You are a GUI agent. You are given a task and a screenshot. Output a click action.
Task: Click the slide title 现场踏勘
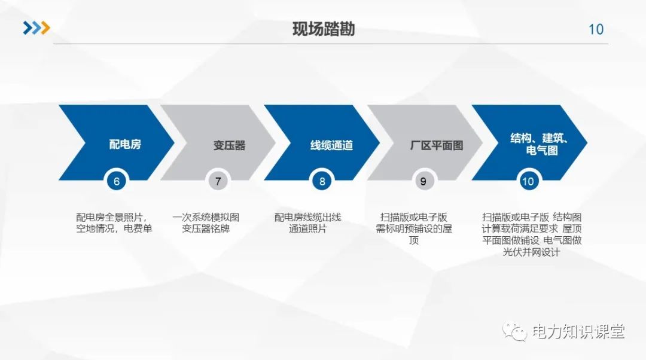point(323,29)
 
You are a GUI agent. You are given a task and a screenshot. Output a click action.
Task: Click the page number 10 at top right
point(596,29)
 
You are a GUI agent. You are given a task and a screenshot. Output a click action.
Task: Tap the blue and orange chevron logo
point(36,28)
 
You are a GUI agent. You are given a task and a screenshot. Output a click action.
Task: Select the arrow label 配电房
point(125,144)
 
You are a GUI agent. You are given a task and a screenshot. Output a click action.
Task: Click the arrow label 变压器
point(229,145)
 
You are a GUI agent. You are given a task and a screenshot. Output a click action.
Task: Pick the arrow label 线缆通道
point(331,145)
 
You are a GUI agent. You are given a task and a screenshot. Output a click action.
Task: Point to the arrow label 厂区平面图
point(437,145)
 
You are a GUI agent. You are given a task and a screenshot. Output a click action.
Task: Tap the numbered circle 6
point(117,181)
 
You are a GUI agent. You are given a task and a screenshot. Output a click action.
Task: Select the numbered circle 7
point(218,181)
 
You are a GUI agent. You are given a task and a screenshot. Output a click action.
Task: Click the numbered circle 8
point(322,181)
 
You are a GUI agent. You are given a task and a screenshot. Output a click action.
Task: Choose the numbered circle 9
point(423,181)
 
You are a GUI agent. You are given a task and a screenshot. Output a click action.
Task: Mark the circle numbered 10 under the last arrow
point(528,181)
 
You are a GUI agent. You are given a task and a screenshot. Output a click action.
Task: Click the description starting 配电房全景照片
point(114,222)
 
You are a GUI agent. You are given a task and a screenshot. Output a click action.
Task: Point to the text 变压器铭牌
point(206,228)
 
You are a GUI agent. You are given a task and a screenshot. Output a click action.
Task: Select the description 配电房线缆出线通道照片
point(307,222)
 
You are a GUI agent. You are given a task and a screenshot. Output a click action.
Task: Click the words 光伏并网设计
point(532,252)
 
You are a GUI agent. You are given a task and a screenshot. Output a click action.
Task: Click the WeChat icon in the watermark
point(515,331)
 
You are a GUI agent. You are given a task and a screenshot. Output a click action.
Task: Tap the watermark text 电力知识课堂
point(578,331)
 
